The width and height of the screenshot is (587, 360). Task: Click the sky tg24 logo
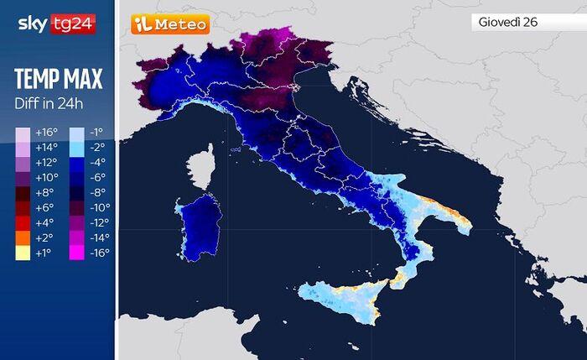(x=56, y=24)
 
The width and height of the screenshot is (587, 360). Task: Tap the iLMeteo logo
(x=169, y=24)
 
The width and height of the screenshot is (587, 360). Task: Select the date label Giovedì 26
(x=506, y=23)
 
